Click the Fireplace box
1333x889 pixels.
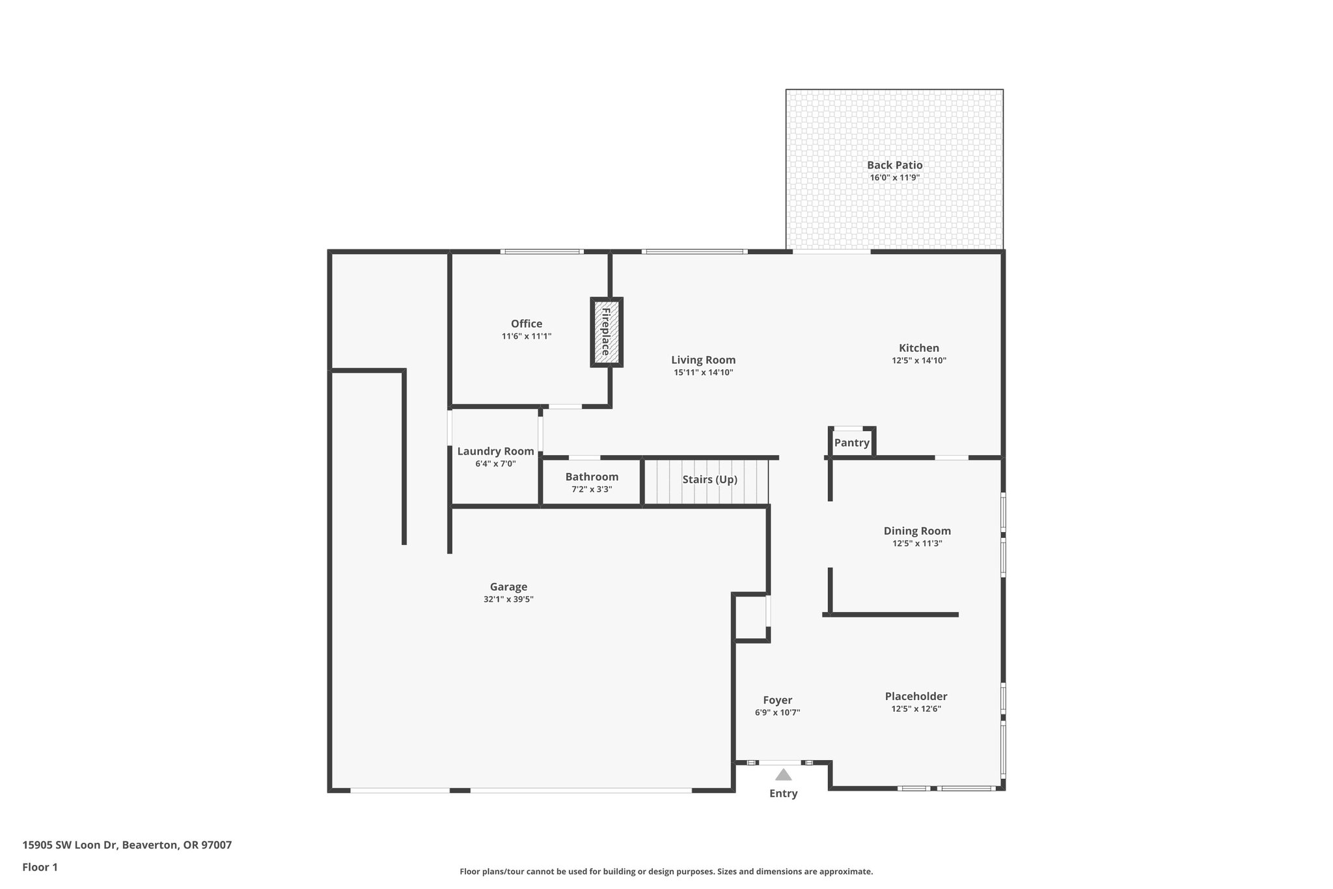click(x=607, y=332)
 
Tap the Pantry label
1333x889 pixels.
click(x=851, y=443)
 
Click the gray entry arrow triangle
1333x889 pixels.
click(x=783, y=775)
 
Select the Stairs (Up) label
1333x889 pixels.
click(x=709, y=479)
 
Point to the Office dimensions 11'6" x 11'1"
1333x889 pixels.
click(x=526, y=336)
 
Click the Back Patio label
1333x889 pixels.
click(x=894, y=165)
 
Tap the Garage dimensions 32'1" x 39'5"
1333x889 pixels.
click(x=508, y=599)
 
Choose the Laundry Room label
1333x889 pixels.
click(x=495, y=451)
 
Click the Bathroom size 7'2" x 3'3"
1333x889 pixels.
click(x=592, y=489)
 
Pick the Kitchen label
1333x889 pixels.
click(x=918, y=348)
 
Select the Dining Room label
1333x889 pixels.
click(x=917, y=531)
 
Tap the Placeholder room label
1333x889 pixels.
click(x=916, y=696)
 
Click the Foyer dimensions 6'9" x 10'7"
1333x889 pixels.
click(x=777, y=713)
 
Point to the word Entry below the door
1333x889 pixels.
click(x=783, y=793)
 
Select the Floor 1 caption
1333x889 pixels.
click(x=40, y=867)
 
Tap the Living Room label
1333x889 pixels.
click(x=703, y=360)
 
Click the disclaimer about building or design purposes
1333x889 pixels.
click(x=666, y=871)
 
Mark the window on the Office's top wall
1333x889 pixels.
click(x=542, y=251)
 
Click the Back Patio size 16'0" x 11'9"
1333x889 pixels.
click(x=894, y=178)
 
